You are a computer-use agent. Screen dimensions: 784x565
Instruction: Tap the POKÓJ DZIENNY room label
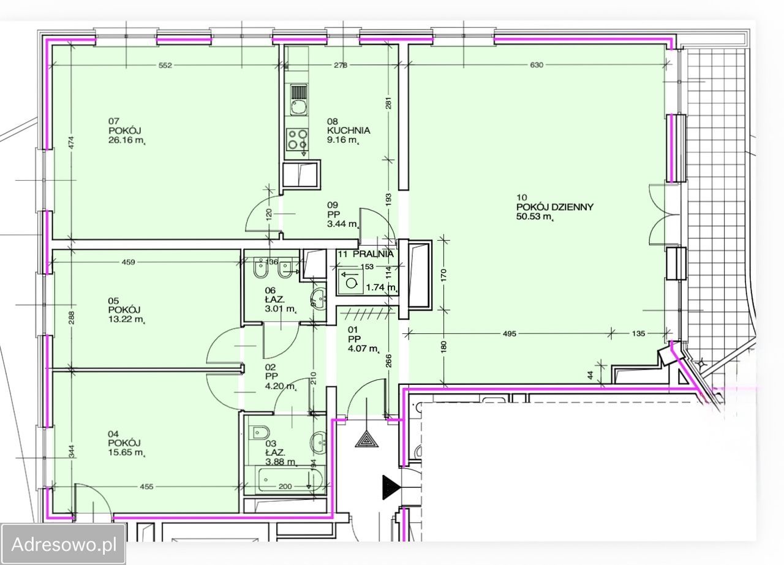click(555, 207)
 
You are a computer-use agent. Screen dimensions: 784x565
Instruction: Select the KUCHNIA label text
click(349, 131)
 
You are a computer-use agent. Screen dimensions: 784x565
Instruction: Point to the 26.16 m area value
click(127, 141)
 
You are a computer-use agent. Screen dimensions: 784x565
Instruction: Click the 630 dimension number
click(537, 65)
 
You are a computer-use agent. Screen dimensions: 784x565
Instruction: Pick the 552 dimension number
click(165, 65)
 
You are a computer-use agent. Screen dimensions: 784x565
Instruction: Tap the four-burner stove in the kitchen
click(297, 139)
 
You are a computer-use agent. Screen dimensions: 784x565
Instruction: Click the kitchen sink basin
click(298, 107)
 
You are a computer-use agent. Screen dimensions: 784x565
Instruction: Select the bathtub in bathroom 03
click(290, 480)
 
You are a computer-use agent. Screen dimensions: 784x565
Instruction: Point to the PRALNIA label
click(373, 254)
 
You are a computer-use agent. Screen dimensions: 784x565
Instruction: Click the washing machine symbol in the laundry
click(351, 282)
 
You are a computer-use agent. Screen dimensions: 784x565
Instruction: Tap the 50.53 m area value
click(535, 217)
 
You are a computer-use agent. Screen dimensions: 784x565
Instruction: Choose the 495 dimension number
click(509, 333)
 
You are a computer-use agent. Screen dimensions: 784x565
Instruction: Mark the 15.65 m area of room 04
click(126, 452)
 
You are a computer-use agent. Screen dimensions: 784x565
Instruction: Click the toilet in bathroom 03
click(258, 433)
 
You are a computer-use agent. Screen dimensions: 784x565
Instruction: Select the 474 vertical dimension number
click(72, 142)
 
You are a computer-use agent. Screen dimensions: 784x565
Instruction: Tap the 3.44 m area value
click(343, 224)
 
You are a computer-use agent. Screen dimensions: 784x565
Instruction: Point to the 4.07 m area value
click(364, 349)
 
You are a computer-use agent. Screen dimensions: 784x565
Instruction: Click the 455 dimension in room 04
click(146, 487)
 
